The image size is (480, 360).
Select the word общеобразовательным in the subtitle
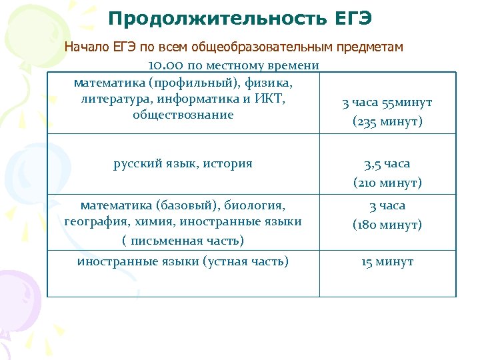pos(255,47)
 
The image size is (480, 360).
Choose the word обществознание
pos(183,115)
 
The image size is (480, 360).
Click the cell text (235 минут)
pos(387,122)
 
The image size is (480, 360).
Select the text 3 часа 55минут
pos(387,103)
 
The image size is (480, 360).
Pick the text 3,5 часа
pos(387,163)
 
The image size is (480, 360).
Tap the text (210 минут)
pos(387,182)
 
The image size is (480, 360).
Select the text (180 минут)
pos(387,225)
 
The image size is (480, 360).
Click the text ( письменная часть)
pos(183,240)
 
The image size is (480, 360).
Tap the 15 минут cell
pos(387,262)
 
